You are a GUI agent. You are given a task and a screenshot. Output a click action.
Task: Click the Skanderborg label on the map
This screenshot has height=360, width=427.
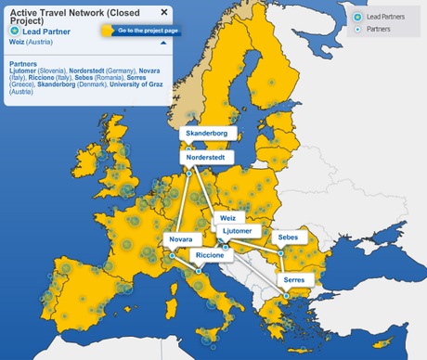coord(206,134)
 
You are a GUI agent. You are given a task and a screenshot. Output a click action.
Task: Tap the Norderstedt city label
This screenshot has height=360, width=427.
coord(205,158)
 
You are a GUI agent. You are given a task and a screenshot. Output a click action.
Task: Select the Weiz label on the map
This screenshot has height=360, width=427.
coord(227,218)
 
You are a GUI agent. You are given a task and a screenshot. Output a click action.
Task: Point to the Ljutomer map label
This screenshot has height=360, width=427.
coord(238,230)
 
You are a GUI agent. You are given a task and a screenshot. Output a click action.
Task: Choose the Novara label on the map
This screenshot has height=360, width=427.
coord(180,240)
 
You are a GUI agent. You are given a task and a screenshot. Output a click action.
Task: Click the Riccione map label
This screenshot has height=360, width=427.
coord(209,254)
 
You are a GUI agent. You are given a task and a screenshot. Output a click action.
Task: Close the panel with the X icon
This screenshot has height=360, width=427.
coord(164,12)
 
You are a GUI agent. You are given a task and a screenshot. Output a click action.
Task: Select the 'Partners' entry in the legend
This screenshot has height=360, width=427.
coord(376,30)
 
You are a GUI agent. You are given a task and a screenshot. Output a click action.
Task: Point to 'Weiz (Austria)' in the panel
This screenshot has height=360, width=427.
coord(32,43)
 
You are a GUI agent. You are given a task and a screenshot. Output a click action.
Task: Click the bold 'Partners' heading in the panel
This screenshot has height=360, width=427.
coord(24,64)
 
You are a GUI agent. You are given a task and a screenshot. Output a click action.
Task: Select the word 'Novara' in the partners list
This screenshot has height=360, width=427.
coord(149,71)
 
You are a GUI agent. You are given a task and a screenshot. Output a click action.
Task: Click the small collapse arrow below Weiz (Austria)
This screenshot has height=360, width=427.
coord(163,43)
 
